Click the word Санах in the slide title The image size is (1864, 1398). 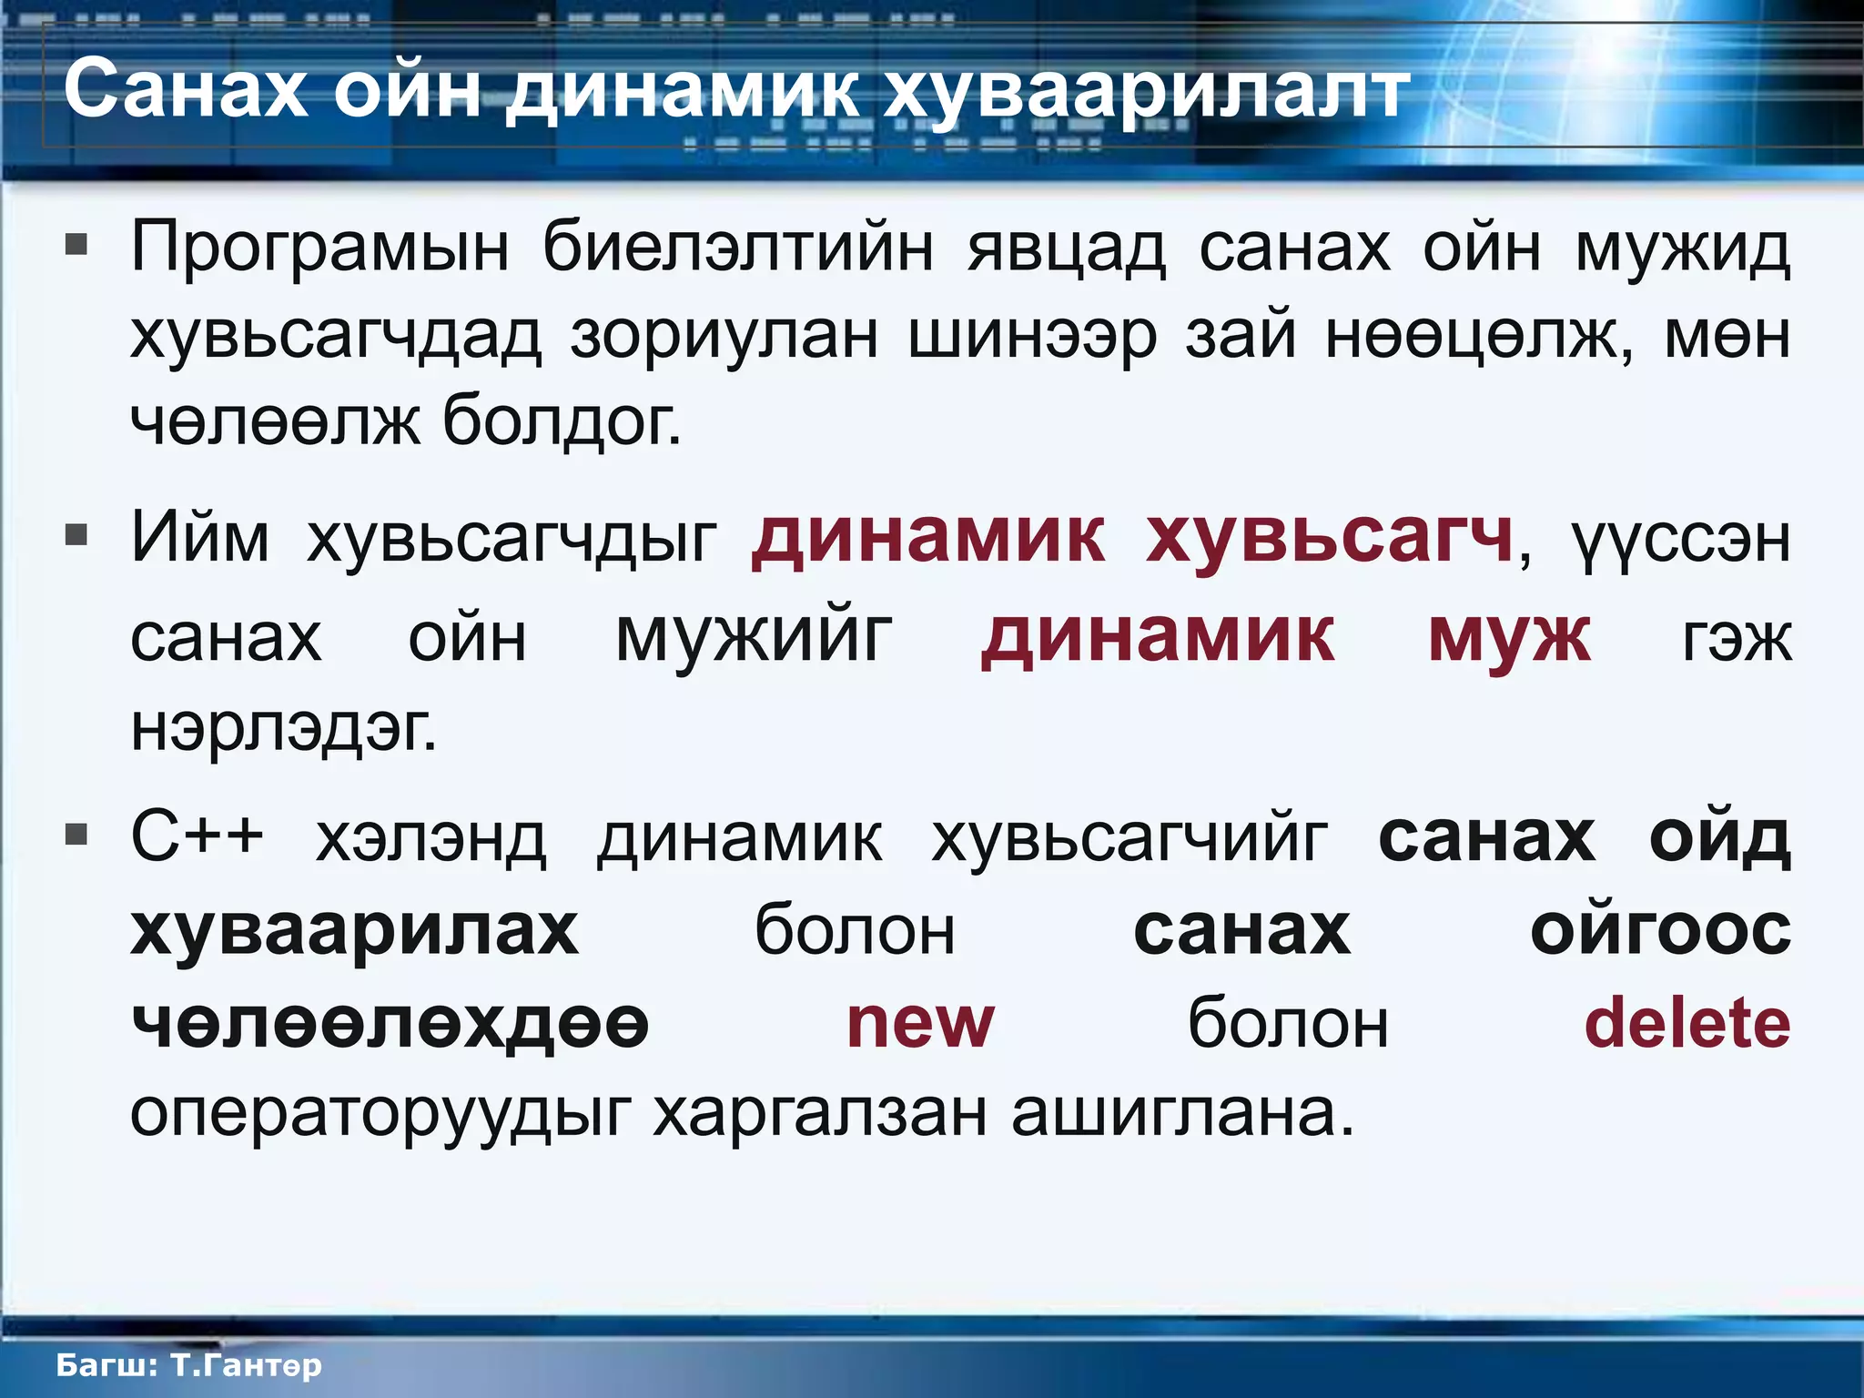coord(186,90)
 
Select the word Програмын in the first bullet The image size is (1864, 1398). coord(319,248)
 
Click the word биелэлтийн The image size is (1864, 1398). coord(738,248)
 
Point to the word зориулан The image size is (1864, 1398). coord(724,336)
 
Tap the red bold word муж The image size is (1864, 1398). coord(1510,636)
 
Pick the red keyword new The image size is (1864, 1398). coord(920,1023)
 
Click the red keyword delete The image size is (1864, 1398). coord(1687,1023)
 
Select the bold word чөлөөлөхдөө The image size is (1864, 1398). coord(390,1023)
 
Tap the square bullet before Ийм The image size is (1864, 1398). coord(76,535)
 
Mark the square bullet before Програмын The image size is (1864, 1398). coord(76,244)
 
